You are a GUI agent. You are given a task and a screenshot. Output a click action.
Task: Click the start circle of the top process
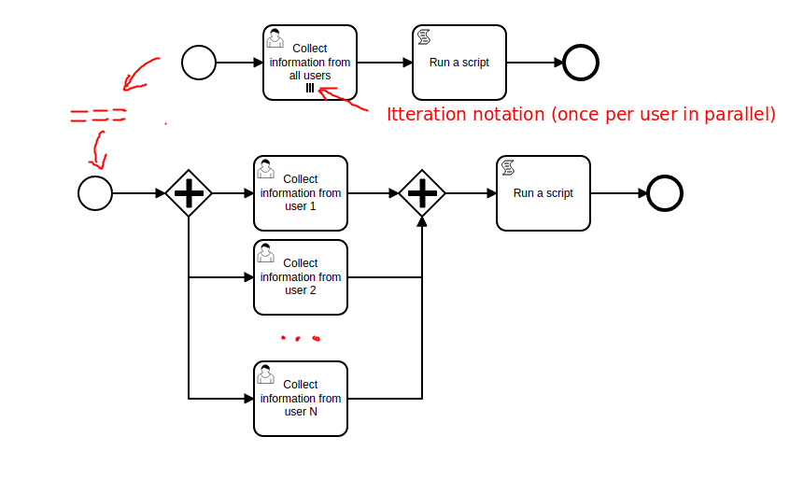198,63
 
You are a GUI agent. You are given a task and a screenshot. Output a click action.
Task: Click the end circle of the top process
581,63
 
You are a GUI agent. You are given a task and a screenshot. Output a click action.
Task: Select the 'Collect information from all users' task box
310,63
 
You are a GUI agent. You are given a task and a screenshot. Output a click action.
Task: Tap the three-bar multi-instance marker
310,89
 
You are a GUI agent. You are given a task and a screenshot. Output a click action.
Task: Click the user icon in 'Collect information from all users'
275,37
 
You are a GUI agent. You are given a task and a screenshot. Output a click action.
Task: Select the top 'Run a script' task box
459,63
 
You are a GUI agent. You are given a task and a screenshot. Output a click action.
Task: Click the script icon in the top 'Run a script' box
424,37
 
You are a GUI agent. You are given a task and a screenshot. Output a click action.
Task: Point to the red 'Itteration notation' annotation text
581,115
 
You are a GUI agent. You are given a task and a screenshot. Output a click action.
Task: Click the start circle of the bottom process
95,193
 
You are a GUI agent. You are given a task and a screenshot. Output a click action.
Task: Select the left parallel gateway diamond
189,193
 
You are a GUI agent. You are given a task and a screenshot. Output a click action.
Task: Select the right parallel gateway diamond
422,193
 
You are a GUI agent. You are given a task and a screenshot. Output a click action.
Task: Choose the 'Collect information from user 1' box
301,193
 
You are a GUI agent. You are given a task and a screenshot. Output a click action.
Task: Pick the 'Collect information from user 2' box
301,277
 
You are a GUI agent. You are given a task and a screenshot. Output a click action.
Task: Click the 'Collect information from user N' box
301,399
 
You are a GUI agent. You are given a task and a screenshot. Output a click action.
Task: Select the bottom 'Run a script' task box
543,193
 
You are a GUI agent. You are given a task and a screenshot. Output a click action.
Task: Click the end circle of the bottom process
665,193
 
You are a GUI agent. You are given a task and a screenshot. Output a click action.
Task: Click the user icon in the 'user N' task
266,373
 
